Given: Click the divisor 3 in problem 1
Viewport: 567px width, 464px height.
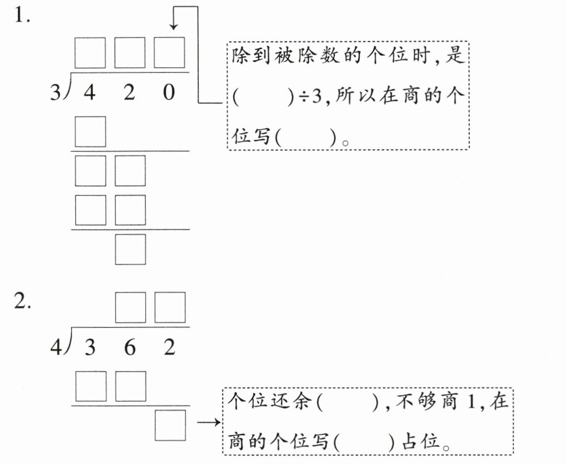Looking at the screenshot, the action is pyautogui.click(x=55, y=92).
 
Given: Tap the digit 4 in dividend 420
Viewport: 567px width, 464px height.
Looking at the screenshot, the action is pyautogui.click(x=89, y=92).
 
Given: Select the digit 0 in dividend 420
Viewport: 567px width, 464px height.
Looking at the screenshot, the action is pyautogui.click(x=169, y=92).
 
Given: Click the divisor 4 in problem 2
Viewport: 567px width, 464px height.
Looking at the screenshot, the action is pyautogui.click(x=56, y=348).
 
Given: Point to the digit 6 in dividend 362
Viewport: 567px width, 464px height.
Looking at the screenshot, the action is pyautogui.click(x=129, y=348).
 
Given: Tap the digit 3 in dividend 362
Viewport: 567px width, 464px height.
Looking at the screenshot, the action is pyautogui.click(x=90, y=348).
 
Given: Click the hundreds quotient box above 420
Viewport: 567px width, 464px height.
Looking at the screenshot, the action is pyautogui.click(x=90, y=53).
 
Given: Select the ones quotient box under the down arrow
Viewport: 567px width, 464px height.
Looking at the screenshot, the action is pyautogui.click(x=169, y=53).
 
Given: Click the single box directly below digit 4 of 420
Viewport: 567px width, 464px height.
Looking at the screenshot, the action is pyautogui.click(x=90, y=131).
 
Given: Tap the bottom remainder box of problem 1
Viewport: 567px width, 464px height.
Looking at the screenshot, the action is pyautogui.click(x=131, y=250).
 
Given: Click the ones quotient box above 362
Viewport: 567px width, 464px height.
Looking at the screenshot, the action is pyautogui.click(x=170, y=308).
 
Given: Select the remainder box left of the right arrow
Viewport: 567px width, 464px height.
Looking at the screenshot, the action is pyautogui.click(x=170, y=425).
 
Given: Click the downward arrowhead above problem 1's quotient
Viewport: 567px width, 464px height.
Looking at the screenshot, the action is pyautogui.click(x=173, y=27).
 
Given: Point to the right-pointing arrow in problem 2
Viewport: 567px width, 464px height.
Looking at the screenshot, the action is pyautogui.click(x=209, y=422).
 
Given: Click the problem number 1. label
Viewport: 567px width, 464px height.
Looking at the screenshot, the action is pyautogui.click(x=22, y=16).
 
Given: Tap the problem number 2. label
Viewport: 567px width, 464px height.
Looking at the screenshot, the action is pyautogui.click(x=22, y=301).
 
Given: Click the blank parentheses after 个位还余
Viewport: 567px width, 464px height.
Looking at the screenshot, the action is pyautogui.click(x=348, y=401).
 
